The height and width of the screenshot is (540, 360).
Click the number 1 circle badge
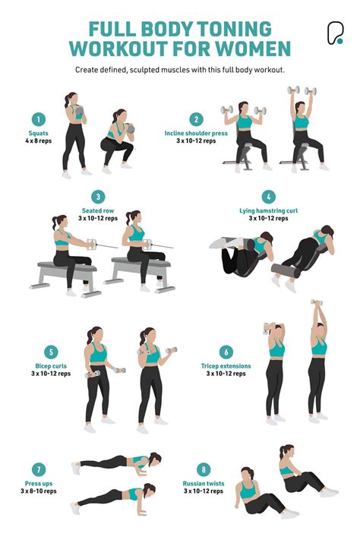point(38,118)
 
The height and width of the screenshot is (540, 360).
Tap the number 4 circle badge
point(268,197)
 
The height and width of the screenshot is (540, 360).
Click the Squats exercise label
point(38,134)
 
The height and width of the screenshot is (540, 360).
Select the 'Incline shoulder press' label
point(196,134)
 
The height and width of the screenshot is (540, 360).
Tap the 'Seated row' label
point(98,210)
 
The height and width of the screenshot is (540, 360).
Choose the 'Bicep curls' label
point(50,366)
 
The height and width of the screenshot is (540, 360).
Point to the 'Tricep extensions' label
point(226,366)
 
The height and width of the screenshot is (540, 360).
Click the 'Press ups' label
point(38,483)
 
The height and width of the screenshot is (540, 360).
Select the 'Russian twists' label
point(203,483)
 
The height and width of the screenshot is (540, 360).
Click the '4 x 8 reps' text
point(38,141)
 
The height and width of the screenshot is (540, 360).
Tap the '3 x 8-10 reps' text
point(38,491)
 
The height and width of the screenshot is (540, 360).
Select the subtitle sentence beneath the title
point(180,70)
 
